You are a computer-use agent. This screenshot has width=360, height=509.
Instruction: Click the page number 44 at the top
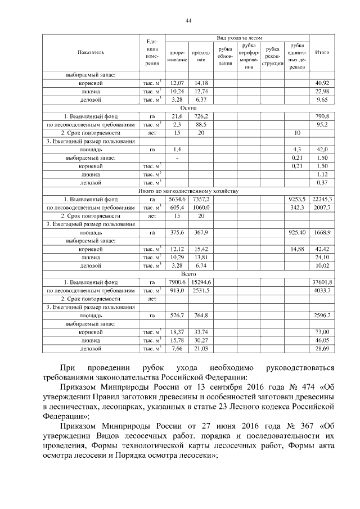point(188,21)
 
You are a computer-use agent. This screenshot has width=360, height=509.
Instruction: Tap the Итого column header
point(322,52)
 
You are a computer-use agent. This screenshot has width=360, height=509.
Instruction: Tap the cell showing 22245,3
point(323,199)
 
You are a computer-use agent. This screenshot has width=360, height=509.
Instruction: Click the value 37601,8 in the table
point(323,282)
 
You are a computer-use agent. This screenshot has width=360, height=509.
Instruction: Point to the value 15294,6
point(199,282)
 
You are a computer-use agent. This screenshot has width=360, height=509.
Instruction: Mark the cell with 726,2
point(199,115)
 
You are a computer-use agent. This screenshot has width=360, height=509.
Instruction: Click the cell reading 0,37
point(322,182)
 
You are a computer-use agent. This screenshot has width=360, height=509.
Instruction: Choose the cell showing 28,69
point(322,349)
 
